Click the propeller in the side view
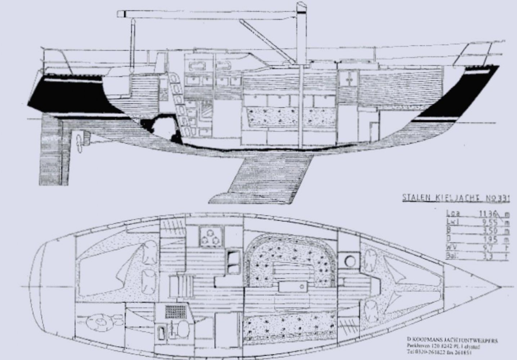pyautogui.click(x=79, y=141)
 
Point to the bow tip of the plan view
pyautogui.click(x=500, y=287)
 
